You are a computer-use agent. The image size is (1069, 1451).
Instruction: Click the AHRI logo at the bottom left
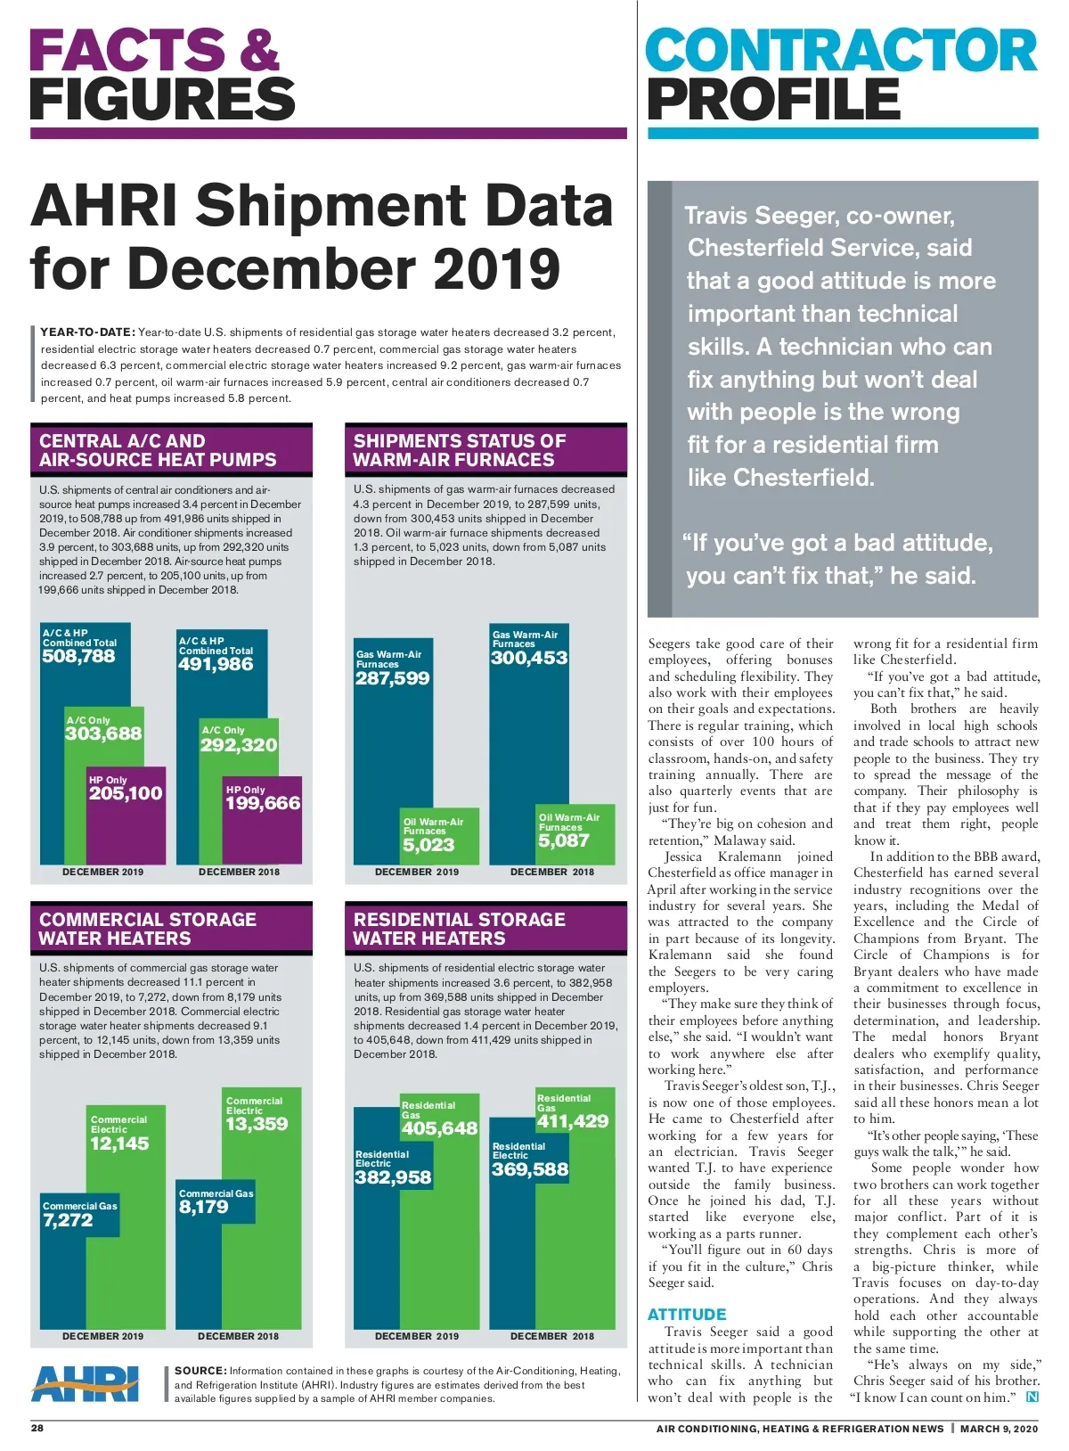[x=86, y=1383]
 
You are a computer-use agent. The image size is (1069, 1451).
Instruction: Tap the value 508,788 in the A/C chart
[x=78, y=657]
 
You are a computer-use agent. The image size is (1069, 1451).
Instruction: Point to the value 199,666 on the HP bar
[x=263, y=804]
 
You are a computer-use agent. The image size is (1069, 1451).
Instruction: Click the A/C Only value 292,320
[x=239, y=745]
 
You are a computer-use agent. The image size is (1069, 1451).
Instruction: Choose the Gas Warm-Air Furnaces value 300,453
[x=529, y=658]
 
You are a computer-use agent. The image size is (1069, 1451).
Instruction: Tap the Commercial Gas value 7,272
[x=68, y=1221]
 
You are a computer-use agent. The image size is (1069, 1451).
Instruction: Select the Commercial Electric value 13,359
[x=257, y=1124]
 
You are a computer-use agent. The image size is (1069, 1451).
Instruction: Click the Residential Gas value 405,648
[x=439, y=1128]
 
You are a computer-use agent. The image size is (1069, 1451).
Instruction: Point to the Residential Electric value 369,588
[x=530, y=1169]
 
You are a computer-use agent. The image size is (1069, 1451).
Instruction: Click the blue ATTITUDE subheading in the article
[x=687, y=1315]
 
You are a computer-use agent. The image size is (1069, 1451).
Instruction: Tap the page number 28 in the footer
[x=37, y=1428]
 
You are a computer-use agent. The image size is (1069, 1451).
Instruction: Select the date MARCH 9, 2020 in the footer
[x=999, y=1429]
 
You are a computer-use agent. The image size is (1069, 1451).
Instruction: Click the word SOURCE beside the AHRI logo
[x=200, y=1371]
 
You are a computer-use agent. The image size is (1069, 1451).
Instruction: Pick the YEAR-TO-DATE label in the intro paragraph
[x=87, y=332]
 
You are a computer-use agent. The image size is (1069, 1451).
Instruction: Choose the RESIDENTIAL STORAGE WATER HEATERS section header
[x=459, y=929]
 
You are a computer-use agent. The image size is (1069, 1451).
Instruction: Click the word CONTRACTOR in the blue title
[x=841, y=51]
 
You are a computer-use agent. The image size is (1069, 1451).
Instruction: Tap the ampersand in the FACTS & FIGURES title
[x=258, y=51]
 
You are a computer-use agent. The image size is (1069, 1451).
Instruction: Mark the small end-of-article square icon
[x=1032, y=1398]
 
